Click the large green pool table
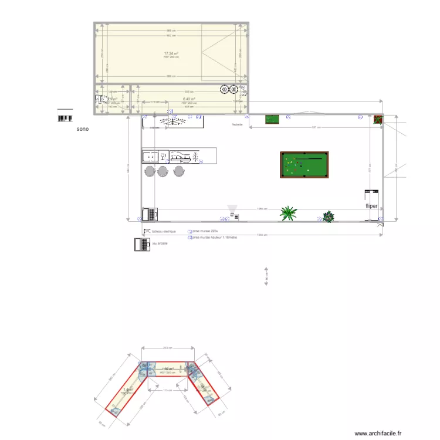pyautogui.click(x=304, y=165)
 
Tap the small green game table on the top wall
pyautogui.click(x=272, y=120)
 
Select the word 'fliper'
pyautogui.click(x=371, y=207)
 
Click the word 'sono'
pyautogui.click(x=83, y=128)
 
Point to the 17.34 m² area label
pyautogui.click(x=171, y=53)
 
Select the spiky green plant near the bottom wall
pyautogui.click(x=288, y=213)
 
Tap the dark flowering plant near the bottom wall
pyautogui.click(x=328, y=216)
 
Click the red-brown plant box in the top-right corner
pyautogui.click(x=378, y=120)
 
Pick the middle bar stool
pyautogui.click(x=163, y=171)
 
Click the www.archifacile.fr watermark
pyautogui.click(x=378, y=433)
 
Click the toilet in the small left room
pyautogui.click(x=100, y=99)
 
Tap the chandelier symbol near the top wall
pyautogui.click(x=173, y=121)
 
